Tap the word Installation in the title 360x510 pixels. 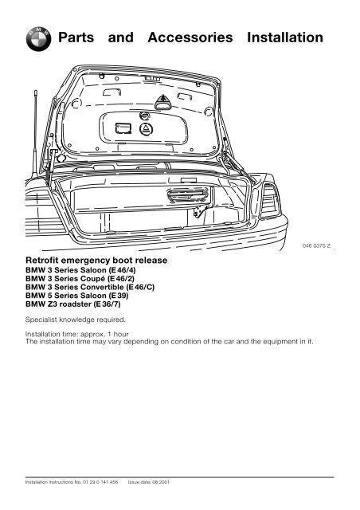point(288,38)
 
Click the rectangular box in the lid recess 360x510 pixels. point(123,128)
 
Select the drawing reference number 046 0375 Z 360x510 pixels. point(315,249)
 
